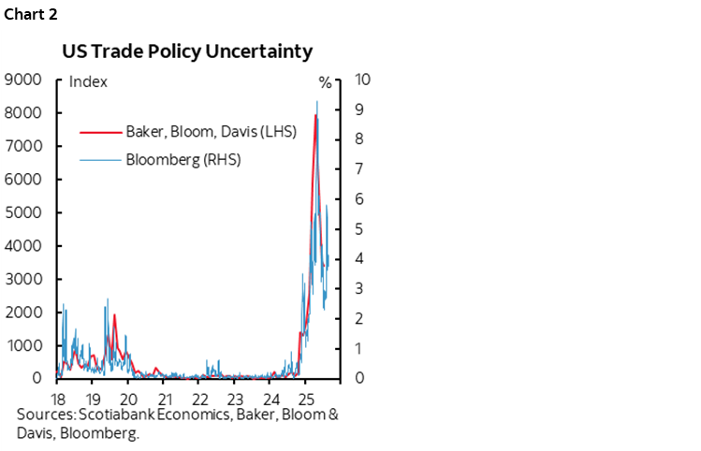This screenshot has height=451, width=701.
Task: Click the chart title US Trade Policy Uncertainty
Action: (x=186, y=52)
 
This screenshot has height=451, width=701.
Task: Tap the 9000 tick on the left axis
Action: (x=22, y=80)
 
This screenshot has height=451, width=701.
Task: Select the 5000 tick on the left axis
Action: (x=22, y=212)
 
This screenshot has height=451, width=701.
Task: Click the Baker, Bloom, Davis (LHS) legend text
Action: (x=211, y=131)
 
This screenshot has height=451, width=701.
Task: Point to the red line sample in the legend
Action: (x=101, y=132)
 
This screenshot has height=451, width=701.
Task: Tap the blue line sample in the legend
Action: (x=101, y=160)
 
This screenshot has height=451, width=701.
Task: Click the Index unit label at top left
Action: (x=88, y=81)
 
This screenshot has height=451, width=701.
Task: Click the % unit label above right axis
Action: (x=325, y=81)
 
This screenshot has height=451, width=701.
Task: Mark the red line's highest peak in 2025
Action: (x=315, y=115)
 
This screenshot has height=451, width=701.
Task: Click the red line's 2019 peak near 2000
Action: (x=114, y=314)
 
